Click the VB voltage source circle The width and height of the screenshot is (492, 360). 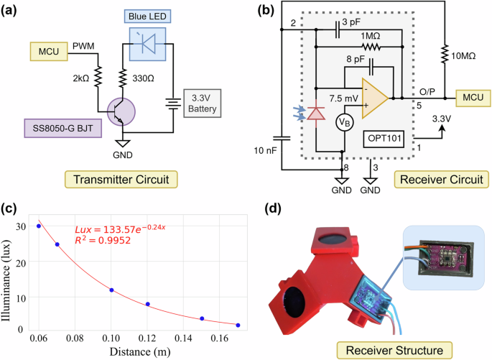point(345,122)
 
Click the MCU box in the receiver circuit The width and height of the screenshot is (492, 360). point(472,96)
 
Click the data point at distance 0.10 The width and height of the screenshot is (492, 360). point(111,290)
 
